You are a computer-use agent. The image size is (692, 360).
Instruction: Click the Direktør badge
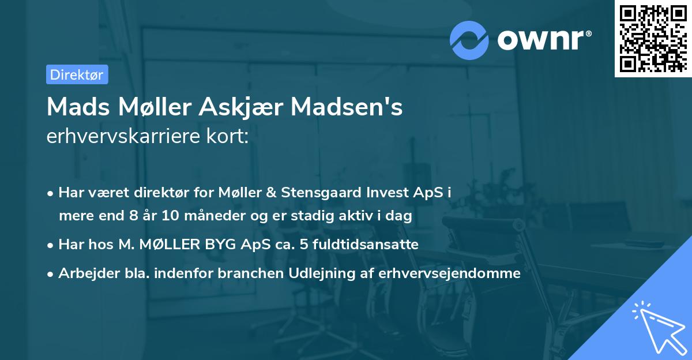coord(77,74)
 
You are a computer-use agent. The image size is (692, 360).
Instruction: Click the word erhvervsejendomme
coord(449,273)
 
